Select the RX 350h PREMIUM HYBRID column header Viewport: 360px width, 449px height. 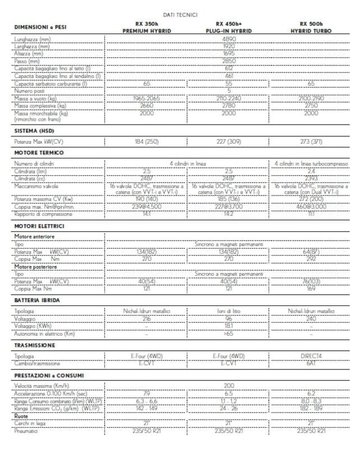[x=147, y=28]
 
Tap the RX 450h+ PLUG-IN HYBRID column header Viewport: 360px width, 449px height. [x=229, y=28]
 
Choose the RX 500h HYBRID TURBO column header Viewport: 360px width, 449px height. [x=312, y=28]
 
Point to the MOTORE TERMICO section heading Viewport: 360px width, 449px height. [x=39, y=153]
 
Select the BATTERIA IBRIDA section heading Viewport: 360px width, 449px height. [x=37, y=300]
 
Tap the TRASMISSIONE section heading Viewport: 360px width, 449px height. [x=35, y=345]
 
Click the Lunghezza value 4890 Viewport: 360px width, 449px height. [x=229, y=40]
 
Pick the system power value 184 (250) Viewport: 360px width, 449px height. [x=147, y=141]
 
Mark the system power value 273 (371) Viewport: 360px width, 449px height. [x=312, y=141]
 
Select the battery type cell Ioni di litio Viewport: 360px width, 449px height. [x=229, y=311]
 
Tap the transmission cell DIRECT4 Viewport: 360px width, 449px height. [x=312, y=356]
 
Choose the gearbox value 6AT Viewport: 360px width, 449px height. [x=312, y=363]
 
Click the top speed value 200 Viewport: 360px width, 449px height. [x=229, y=386]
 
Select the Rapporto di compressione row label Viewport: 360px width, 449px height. [x=43, y=214]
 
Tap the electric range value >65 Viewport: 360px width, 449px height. [x=229, y=334]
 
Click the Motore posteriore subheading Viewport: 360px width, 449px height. [x=36, y=267]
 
